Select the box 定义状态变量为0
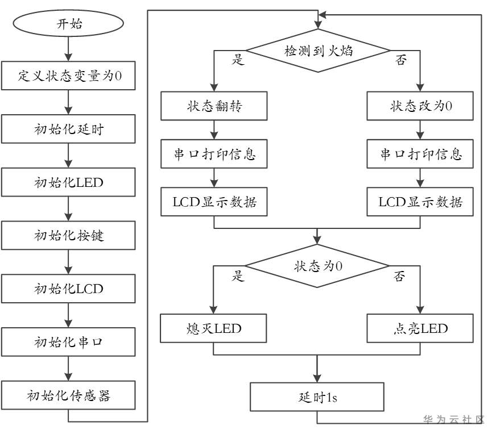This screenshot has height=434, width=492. [x=69, y=76]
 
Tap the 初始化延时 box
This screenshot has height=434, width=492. [x=69, y=129]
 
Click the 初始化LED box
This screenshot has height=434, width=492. [x=69, y=182]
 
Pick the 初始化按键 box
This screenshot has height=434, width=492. [x=69, y=235]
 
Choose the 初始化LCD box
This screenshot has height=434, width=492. [x=69, y=289]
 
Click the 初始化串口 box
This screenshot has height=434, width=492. [x=69, y=342]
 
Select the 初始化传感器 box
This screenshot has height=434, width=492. [x=69, y=395]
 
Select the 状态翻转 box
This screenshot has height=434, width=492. [x=214, y=106]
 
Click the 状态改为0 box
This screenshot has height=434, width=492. [x=420, y=106]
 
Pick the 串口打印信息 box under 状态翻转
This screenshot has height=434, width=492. [x=214, y=154]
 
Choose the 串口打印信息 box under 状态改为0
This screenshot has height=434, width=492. [x=420, y=154]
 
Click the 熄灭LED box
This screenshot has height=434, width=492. [x=214, y=328]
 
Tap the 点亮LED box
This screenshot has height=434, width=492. [x=420, y=328]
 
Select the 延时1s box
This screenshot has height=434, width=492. [x=317, y=397]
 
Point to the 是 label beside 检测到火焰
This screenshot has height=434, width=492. [x=238, y=60]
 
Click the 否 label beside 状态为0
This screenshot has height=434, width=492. [x=400, y=277]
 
